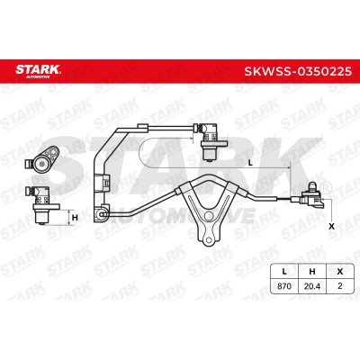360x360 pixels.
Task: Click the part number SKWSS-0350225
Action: (x=298, y=71)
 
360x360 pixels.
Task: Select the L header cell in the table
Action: (x=284, y=272)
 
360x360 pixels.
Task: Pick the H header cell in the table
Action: (x=312, y=272)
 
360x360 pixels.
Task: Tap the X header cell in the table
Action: (x=339, y=272)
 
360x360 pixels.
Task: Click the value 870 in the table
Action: (x=284, y=286)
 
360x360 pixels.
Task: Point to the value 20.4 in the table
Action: (x=312, y=286)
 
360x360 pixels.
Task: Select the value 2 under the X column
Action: (x=339, y=286)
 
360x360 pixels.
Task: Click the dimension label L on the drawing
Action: (x=251, y=163)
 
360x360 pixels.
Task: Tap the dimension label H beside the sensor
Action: (x=75, y=218)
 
